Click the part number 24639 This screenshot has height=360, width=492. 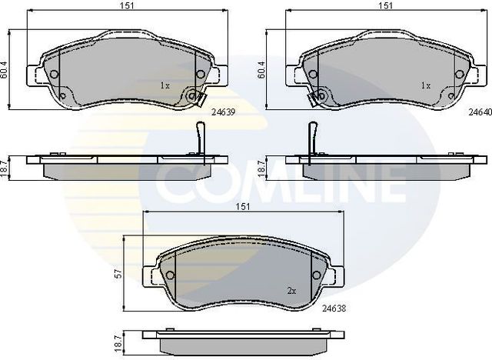pos(222,112)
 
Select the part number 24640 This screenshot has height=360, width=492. pos(480,112)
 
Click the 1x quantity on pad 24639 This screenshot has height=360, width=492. pos(164,85)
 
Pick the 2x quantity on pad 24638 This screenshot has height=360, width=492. pos(291,291)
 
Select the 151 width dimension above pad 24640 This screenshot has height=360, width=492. pos(385,6)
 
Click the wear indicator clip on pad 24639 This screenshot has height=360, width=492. pos(196,98)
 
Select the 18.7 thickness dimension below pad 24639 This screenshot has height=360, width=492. pos(7,165)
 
